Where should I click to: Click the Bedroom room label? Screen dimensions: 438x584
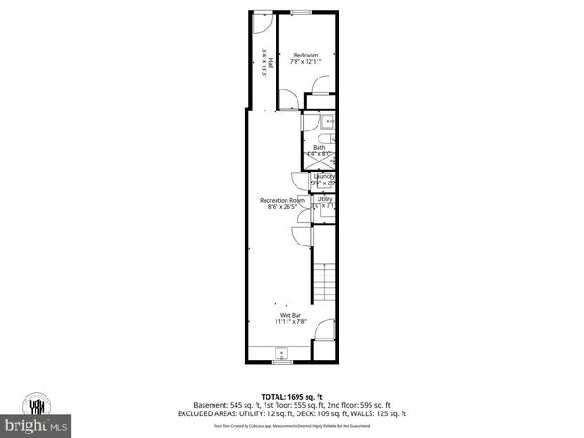pyautogui.click(x=306, y=55)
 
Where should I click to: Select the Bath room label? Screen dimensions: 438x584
pyautogui.click(x=319, y=147)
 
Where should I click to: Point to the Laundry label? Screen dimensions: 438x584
pyautogui.click(x=324, y=176)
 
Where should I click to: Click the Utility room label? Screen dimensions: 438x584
pyautogui.click(x=325, y=198)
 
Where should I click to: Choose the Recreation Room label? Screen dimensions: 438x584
pyautogui.click(x=281, y=200)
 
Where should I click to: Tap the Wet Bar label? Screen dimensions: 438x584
pyautogui.click(x=290, y=314)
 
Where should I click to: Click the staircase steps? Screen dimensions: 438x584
pyautogui.click(x=324, y=283)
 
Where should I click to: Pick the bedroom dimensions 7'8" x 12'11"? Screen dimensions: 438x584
pyautogui.click(x=306, y=62)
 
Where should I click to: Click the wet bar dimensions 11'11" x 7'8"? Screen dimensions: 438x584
pyautogui.click(x=290, y=321)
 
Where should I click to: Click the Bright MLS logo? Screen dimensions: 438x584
pyautogui.click(x=36, y=425)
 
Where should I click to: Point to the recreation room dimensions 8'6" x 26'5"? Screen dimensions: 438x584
pyautogui.click(x=281, y=207)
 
